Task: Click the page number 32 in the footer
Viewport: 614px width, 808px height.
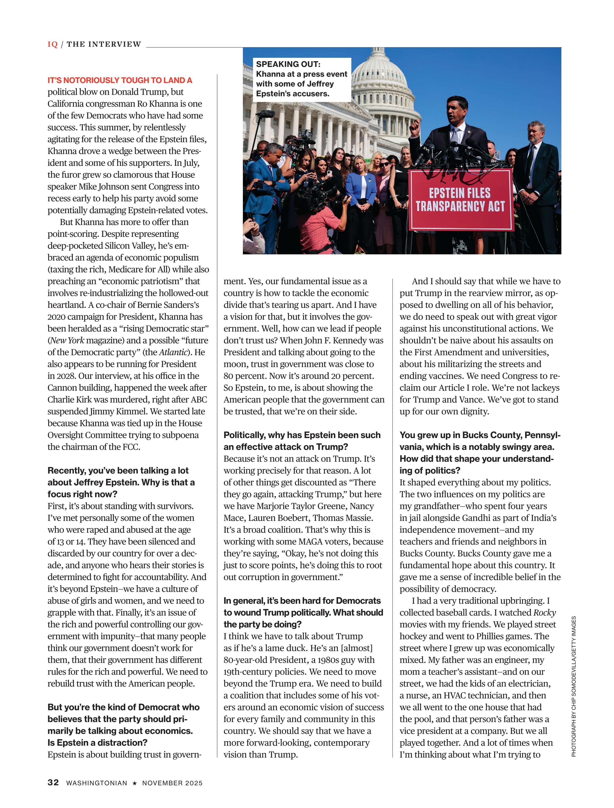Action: (53, 782)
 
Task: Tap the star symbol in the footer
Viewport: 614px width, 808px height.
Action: (134, 783)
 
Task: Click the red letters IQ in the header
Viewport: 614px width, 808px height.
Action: (53, 44)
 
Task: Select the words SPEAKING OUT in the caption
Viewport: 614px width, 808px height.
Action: (288, 64)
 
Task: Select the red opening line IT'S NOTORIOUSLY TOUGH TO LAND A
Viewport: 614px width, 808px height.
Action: (120, 80)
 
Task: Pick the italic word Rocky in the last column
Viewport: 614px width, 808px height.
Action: (545, 613)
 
